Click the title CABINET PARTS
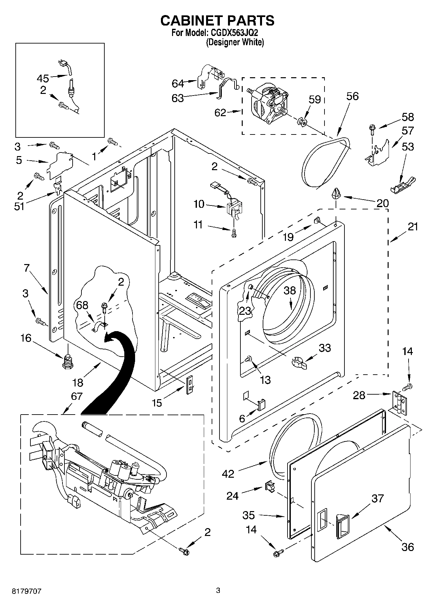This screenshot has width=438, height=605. (217, 20)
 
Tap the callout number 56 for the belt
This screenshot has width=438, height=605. (352, 96)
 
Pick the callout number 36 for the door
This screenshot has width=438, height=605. (408, 547)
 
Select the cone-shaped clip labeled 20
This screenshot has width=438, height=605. (336, 194)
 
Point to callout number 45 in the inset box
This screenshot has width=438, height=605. (43, 79)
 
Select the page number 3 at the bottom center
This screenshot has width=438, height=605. (218, 590)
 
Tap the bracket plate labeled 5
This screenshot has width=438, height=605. (61, 165)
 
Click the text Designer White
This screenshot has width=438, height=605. (235, 42)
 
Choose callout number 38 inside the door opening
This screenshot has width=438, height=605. (289, 290)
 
